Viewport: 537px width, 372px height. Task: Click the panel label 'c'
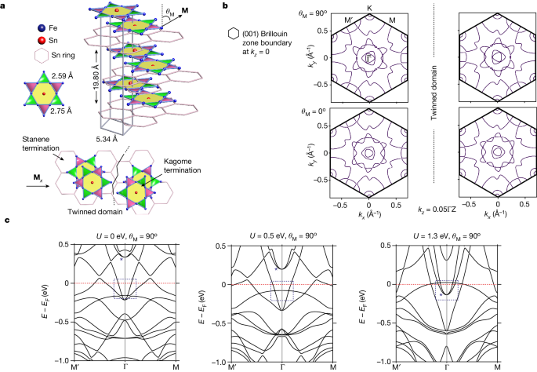[x=6, y=221]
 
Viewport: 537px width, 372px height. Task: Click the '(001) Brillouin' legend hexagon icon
[x=231, y=36]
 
